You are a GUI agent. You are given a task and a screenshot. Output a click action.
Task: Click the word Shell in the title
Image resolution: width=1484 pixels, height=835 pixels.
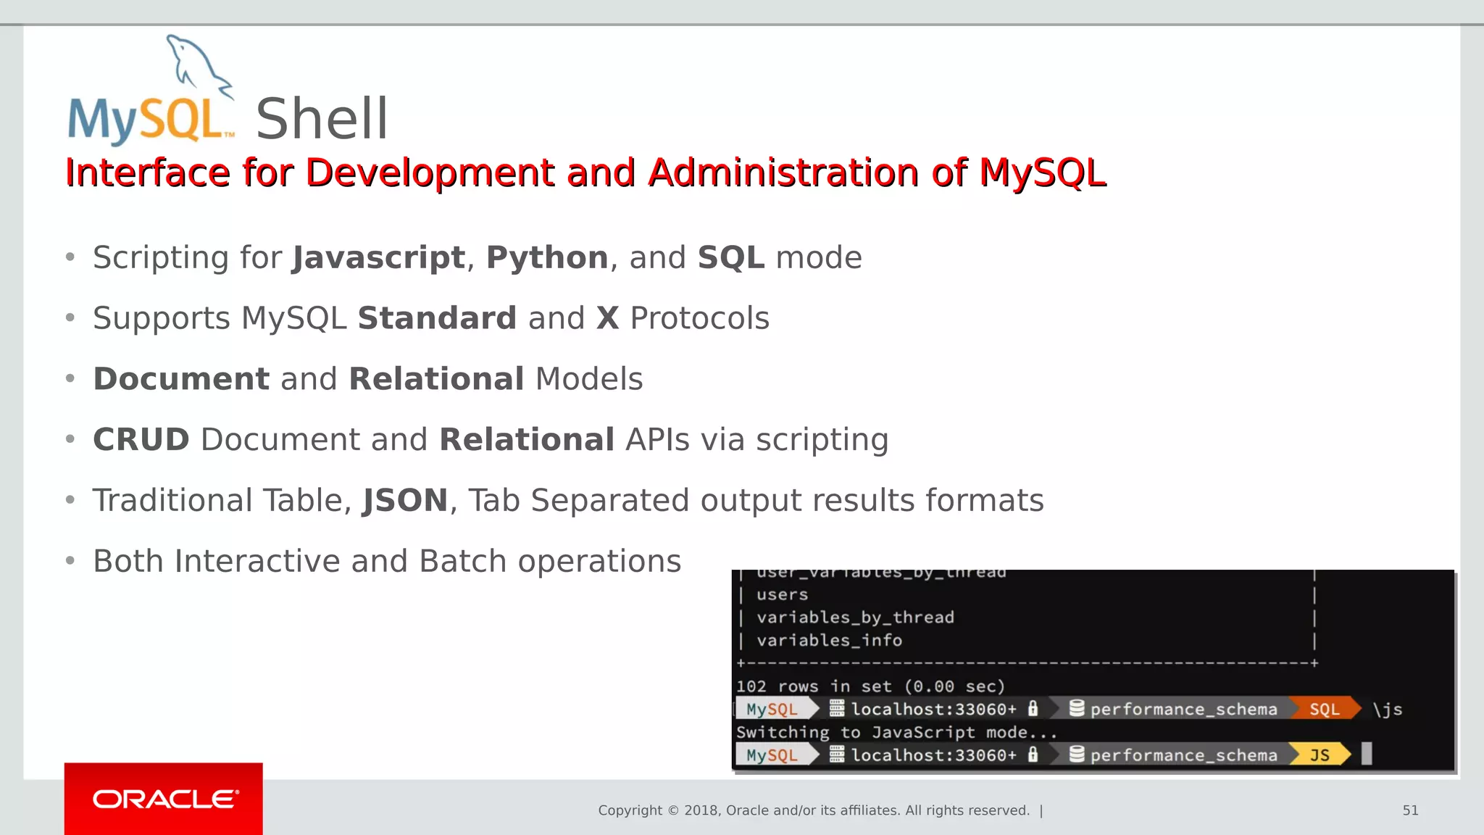tap(322, 119)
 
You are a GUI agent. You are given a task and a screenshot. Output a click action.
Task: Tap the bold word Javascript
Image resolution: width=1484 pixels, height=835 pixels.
tap(378, 258)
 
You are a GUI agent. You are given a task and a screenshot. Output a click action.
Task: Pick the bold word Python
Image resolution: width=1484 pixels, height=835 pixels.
tap(547, 258)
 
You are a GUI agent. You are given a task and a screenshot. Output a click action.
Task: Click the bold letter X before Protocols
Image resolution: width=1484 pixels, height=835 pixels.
tap(607, 318)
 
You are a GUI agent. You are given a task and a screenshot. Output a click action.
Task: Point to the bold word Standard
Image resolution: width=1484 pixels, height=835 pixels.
tap(437, 318)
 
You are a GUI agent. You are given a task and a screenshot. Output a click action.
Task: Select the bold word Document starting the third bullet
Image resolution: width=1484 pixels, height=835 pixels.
tap(181, 379)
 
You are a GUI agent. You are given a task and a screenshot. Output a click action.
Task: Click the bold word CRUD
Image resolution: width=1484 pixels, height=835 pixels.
tap(141, 440)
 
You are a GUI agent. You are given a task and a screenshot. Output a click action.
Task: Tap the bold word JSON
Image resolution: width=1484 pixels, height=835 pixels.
tap(405, 501)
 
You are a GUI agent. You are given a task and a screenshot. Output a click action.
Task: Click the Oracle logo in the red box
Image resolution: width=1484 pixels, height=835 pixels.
tap(164, 799)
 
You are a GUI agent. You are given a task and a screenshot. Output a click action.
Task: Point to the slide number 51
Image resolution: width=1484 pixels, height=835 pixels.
tap(1410, 810)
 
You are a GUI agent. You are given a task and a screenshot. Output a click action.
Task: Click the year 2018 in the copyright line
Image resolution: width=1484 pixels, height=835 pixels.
tap(700, 810)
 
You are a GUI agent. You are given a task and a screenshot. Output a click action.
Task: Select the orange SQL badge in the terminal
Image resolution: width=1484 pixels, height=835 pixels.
tap(1324, 709)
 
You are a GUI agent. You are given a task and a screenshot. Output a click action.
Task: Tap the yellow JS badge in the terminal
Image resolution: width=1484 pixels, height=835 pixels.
tap(1320, 755)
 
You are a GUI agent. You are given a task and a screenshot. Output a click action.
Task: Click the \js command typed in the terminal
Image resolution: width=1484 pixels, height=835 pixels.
tap(1387, 709)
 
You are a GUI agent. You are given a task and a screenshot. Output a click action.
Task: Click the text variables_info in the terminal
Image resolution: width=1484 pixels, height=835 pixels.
tap(829, 640)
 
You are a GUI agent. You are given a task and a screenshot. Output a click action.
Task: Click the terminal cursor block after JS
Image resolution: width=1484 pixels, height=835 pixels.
tap(1367, 754)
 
